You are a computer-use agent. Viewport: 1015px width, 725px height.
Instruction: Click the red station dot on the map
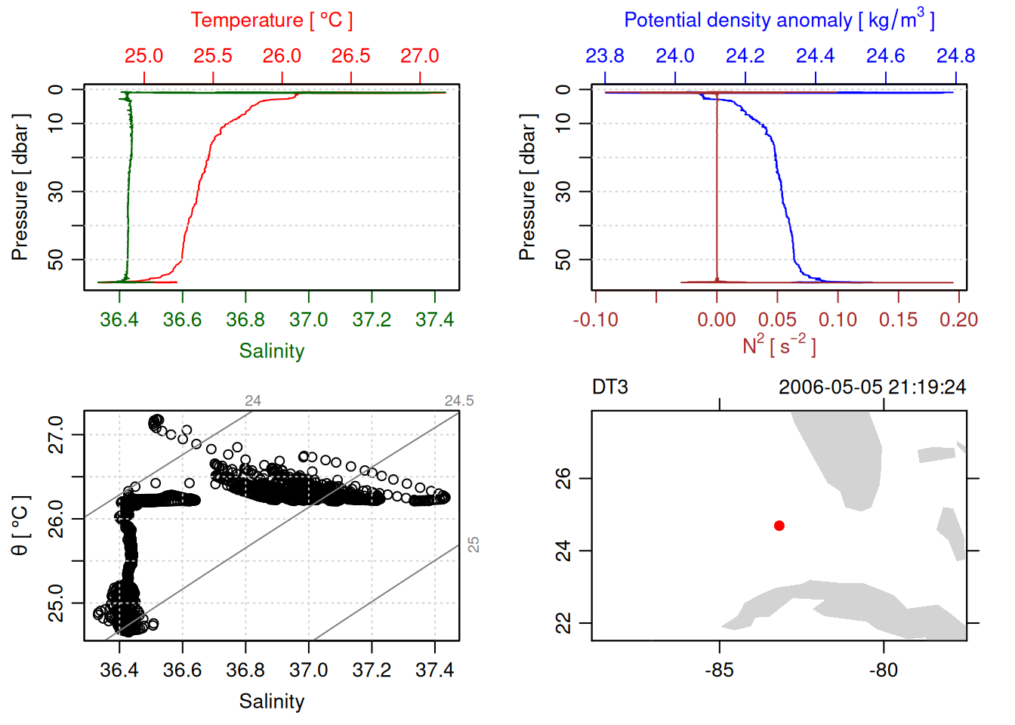[x=779, y=526]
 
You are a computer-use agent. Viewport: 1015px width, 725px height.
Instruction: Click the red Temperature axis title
[x=271, y=20]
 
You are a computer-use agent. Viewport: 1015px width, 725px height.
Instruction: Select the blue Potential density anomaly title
[x=779, y=20]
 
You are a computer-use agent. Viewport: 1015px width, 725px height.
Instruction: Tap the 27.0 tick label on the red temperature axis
[x=419, y=56]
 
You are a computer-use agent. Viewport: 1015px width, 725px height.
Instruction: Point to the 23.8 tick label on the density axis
[x=605, y=56]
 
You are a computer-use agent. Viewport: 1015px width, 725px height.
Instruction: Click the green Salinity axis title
[x=271, y=351]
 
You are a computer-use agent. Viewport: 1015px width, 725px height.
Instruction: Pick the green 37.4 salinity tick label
[x=434, y=320]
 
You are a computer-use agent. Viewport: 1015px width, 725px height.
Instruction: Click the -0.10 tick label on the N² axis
[x=595, y=320]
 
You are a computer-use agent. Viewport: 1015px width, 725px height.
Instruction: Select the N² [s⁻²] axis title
[x=779, y=346]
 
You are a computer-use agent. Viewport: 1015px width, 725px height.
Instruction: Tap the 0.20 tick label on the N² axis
[x=958, y=320]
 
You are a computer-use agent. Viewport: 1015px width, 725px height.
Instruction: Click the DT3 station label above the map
[x=610, y=387]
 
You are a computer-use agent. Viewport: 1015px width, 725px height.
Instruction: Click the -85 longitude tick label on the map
[x=719, y=670]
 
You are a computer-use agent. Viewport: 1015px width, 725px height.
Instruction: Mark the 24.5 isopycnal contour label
[x=459, y=401]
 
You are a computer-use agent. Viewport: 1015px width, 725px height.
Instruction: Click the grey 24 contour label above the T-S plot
[x=253, y=401]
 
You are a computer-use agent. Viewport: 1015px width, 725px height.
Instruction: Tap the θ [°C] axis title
[x=20, y=526]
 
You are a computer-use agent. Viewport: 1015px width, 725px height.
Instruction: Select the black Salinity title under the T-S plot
[x=271, y=702]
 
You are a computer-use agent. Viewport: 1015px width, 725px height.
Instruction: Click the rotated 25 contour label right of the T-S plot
[x=474, y=545]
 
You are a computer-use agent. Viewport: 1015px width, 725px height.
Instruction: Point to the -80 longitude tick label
[x=884, y=670]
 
